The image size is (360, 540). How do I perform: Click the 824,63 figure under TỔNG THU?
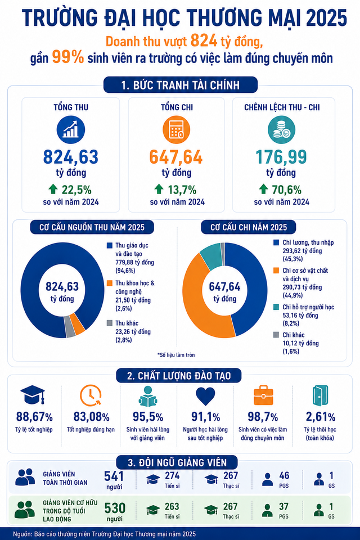coord(71,157)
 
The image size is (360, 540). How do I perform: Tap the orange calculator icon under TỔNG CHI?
coord(177,130)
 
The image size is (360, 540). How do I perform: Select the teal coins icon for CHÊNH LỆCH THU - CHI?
coord(281,130)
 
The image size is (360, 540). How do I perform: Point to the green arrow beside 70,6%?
coord(263,189)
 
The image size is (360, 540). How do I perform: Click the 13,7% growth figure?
coord(182,190)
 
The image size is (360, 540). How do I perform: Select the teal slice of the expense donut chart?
coord(211,256)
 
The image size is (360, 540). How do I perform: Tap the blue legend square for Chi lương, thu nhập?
coord(276,242)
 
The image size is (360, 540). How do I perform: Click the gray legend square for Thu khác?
coord(110,323)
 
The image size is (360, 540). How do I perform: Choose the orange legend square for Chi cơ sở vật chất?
coord(276,271)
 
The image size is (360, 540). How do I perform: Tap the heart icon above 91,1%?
coord(205,396)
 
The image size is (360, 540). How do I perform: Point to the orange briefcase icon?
coord(263,395)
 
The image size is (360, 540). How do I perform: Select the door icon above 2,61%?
coord(320,395)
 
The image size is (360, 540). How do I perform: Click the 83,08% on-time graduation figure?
coord(91,417)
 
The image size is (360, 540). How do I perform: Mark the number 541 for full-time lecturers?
coord(114,476)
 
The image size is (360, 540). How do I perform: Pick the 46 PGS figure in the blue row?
coord(284,476)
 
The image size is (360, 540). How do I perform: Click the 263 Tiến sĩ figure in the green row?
coord(172,507)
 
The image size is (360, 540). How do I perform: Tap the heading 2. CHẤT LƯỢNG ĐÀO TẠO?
coord(179,376)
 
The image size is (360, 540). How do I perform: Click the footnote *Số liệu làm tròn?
coord(176,355)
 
